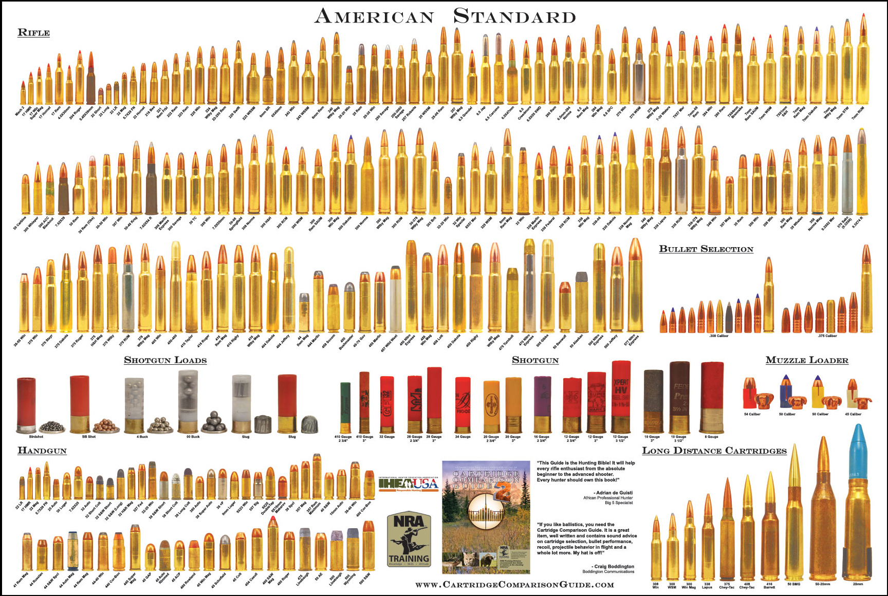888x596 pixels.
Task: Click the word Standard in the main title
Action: pyautogui.click(x=514, y=16)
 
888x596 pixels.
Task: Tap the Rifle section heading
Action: pyautogui.click(x=34, y=32)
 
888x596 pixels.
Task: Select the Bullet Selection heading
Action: pyautogui.click(x=706, y=249)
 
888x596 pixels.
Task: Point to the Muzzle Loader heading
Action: pyautogui.click(x=807, y=360)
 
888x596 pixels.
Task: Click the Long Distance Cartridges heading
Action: pyautogui.click(x=714, y=451)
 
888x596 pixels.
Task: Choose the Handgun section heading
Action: pyautogui.click(x=42, y=451)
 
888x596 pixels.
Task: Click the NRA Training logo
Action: pyautogui.click(x=409, y=539)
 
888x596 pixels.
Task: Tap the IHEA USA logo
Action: pyautogui.click(x=409, y=483)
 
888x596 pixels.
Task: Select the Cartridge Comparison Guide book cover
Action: pyautogui.click(x=486, y=516)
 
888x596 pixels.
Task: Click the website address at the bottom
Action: pyautogui.click(x=514, y=585)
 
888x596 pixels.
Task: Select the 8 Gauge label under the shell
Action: pyautogui.click(x=712, y=437)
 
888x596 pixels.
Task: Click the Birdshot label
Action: pyautogui.click(x=36, y=437)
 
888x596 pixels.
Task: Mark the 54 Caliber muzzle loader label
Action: pyautogui.click(x=752, y=414)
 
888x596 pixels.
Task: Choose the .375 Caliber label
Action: pyautogui.click(x=827, y=336)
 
